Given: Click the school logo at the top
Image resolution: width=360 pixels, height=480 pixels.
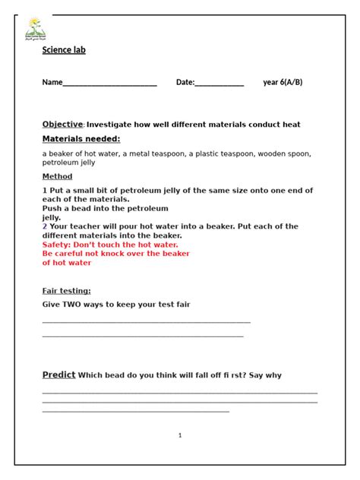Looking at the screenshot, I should click(35, 27).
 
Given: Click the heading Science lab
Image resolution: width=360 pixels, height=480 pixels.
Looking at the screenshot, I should click(64, 50).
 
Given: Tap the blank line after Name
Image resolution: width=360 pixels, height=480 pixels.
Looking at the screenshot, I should click(109, 84).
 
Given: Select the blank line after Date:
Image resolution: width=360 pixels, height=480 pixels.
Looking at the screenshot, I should click(219, 84).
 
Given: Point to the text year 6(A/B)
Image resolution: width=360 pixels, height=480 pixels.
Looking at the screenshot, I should click(283, 82).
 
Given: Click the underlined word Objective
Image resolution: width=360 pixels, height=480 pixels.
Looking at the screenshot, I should click(62, 124).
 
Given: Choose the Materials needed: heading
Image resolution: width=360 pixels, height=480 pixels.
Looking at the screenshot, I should click(81, 139).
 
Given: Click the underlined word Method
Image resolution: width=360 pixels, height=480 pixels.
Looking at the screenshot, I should click(57, 176).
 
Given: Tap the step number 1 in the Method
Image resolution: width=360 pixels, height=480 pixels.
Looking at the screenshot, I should click(45, 191).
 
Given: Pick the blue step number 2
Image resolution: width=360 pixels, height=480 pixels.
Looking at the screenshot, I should click(45, 226).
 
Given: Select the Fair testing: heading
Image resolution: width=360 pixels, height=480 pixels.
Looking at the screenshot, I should click(66, 290).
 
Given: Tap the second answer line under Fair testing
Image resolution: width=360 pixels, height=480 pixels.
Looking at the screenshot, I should click(143, 335).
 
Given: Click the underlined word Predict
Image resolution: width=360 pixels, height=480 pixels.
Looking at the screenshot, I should click(58, 374).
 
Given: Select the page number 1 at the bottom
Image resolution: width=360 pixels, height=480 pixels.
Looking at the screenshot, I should click(180, 435).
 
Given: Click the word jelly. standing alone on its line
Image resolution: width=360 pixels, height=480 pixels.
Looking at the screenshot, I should click(52, 217).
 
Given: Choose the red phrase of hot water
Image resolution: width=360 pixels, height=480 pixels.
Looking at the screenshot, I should click(67, 263).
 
